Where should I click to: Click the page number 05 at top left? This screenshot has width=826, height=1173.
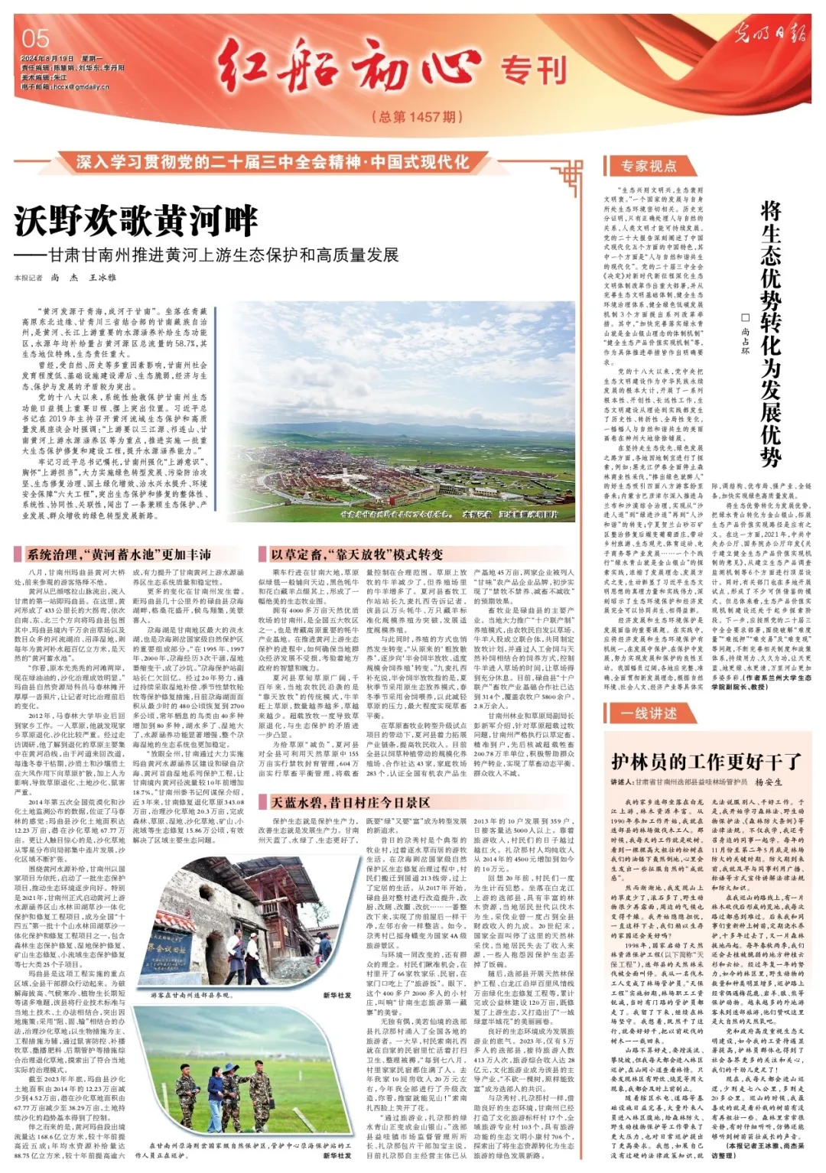36,38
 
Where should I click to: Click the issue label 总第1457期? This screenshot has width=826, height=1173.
417,117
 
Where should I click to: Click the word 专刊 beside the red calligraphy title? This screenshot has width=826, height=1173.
534,71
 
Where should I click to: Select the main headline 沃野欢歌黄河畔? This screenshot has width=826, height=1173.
137,222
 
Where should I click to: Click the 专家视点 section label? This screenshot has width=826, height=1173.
648,166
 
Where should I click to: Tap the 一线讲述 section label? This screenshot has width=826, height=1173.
649,713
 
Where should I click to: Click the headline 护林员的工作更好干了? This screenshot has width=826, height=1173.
706,762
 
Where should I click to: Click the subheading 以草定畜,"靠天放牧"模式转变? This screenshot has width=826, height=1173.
356,554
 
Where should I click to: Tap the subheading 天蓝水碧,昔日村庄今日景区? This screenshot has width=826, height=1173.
350,802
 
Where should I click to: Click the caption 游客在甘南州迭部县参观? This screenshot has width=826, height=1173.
191,996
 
